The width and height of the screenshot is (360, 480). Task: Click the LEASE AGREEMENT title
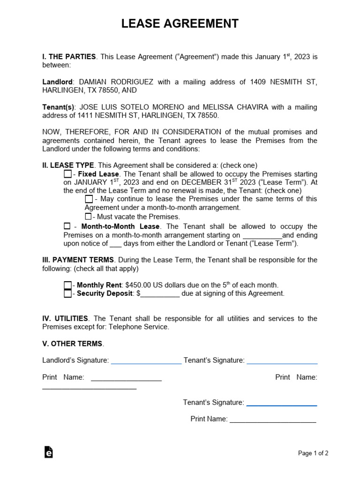click(x=180, y=23)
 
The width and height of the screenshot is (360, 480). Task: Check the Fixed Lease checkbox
click(x=67, y=174)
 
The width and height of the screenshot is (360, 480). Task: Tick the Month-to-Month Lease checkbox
click(x=67, y=226)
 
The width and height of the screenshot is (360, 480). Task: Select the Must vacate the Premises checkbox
click(x=88, y=216)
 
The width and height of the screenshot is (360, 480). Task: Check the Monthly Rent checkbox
click(x=67, y=285)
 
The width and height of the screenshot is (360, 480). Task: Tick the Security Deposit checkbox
click(x=67, y=293)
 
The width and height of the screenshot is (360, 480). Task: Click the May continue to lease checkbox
click(x=89, y=199)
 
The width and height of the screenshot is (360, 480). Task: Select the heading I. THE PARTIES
click(x=69, y=57)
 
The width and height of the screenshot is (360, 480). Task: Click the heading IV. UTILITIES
click(x=65, y=318)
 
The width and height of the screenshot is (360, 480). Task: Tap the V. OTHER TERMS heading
click(x=73, y=344)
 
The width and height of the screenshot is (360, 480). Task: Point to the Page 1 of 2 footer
click(x=313, y=453)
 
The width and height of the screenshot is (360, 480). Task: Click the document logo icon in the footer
click(x=48, y=452)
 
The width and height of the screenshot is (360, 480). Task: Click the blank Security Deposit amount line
click(x=160, y=294)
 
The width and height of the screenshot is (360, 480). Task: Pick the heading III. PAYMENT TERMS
click(x=78, y=260)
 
